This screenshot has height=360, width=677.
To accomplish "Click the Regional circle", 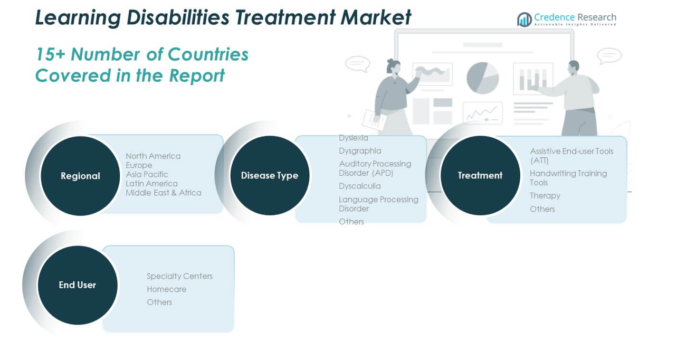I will point(80,176).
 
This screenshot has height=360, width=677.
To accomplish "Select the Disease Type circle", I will point(270,175).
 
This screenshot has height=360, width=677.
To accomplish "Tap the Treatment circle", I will point(480,175).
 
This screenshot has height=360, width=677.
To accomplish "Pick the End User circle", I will point(78,285).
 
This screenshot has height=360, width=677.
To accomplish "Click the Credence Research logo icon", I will point(525,20).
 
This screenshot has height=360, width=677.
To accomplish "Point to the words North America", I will point(153,156).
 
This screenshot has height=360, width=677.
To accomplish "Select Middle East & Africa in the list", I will point(164,193).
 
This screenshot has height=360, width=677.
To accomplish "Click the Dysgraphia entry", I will point(360,151).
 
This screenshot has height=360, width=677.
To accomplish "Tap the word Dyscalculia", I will point(360,186).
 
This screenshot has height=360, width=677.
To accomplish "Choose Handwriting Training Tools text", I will point(568,178).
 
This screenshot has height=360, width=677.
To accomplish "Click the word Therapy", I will point(545,196).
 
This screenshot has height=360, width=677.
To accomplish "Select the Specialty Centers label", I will point(179,277).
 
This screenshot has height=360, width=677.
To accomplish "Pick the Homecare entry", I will point(166,289).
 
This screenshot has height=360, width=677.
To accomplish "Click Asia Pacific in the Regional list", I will point(147,175).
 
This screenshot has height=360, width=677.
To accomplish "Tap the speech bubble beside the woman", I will point(357,64).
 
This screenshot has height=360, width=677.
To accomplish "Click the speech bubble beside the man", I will point(609,55).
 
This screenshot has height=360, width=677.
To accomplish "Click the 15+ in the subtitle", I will point(50,54).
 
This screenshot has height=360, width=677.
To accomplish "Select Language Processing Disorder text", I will point(378,204).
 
